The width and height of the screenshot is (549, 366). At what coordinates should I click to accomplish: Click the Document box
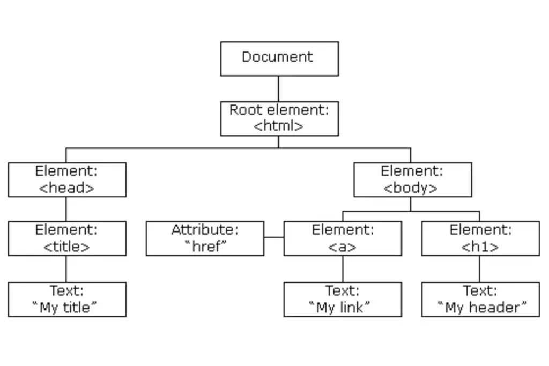[279, 59]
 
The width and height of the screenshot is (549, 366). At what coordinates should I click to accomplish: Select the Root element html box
[279, 118]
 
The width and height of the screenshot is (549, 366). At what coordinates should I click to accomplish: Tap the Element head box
[67, 180]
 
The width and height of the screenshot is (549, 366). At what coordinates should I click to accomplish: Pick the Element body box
[413, 180]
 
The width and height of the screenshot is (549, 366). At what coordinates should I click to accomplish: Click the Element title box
[67, 238]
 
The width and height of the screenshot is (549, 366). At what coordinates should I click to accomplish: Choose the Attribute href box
[205, 238]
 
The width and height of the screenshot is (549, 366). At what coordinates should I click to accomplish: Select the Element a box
[343, 238]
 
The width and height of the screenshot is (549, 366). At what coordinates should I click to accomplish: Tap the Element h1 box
[480, 238]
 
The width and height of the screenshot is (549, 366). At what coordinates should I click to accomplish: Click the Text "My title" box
[67, 300]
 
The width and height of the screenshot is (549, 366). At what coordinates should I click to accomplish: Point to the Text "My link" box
[343, 300]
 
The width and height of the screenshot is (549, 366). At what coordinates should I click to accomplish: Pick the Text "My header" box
[480, 300]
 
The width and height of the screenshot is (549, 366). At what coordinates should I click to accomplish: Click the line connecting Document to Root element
[278, 89]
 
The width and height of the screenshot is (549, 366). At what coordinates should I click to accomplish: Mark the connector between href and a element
[274, 237]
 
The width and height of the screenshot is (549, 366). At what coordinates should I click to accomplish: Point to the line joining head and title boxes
[66, 209]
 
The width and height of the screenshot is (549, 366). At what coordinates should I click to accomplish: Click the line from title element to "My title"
[66, 268]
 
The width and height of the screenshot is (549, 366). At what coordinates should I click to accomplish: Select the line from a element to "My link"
[343, 268]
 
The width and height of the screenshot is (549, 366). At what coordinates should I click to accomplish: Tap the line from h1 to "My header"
[479, 268]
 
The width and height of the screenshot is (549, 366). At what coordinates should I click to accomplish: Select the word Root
[246, 110]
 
